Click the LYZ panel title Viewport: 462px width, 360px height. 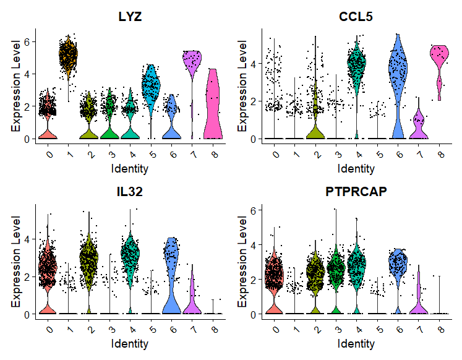(x=130, y=17)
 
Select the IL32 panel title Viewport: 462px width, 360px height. (x=130, y=192)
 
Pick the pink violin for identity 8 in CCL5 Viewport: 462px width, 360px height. (x=440, y=62)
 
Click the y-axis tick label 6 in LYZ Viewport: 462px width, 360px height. (x=26, y=41)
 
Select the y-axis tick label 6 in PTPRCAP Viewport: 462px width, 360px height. (x=252, y=211)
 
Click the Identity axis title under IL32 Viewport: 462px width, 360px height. (x=130, y=343)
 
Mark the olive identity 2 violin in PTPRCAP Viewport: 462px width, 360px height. (x=315, y=272)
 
